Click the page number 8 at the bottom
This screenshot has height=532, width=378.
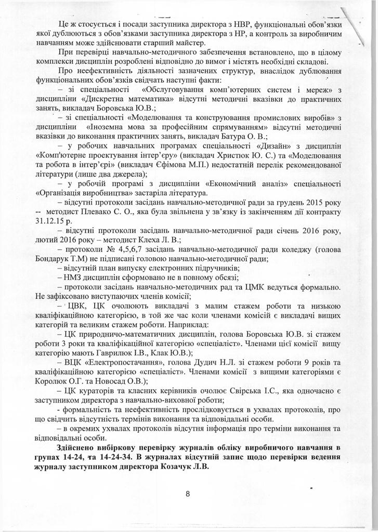click(189, 494)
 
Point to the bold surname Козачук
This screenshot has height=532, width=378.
click(175, 465)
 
